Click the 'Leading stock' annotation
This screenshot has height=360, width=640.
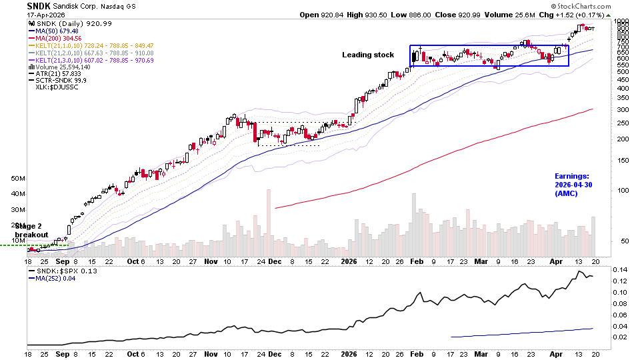coord(368,55)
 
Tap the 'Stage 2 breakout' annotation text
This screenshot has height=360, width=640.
coord(31,230)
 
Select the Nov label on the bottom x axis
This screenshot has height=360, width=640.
coord(211,355)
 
